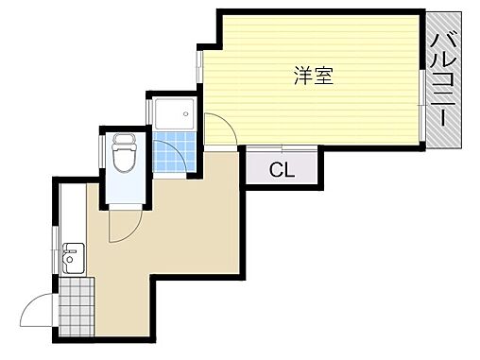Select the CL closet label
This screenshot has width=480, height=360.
tap(281, 171)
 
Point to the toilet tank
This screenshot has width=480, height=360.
tap(123, 142)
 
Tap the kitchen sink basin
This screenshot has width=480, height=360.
tap(73, 256)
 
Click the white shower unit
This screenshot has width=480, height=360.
tap(173, 115)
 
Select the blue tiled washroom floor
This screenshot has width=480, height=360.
tap(173, 156)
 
